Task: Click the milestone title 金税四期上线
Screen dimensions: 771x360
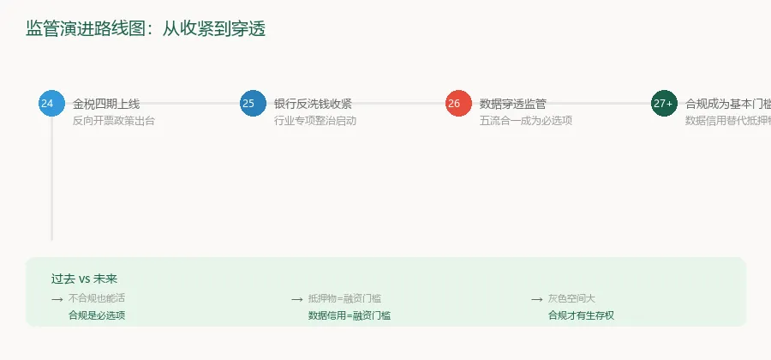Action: pos(106,104)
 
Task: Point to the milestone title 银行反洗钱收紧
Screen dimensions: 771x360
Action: pos(313,104)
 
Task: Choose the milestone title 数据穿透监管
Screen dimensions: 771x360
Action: pos(513,104)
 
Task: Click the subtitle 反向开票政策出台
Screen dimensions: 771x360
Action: pos(114,121)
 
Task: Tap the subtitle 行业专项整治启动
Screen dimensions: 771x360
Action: pos(315,121)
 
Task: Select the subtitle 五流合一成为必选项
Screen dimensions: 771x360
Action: pos(526,121)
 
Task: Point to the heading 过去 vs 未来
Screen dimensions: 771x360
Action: pos(84,279)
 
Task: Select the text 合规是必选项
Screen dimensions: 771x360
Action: pos(97,315)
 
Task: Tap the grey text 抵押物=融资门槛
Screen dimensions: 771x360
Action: pos(344,298)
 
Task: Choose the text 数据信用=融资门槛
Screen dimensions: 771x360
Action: pos(350,315)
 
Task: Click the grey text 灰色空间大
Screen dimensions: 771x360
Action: pos(571,298)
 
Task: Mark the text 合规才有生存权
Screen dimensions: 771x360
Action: pos(582,315)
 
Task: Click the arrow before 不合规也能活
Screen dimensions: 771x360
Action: pos(57,299)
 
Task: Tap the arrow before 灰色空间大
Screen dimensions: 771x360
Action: pos(536,299)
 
